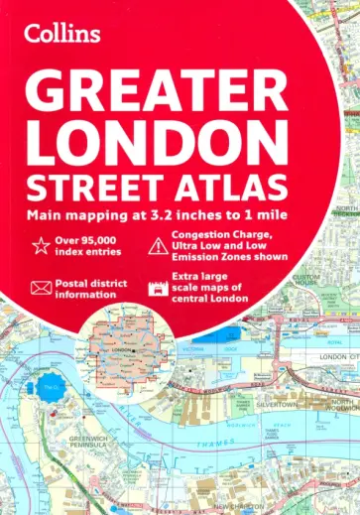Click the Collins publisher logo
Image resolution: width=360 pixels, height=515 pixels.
(x=62, y=35)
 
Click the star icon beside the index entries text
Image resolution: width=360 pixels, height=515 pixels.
(x=42, y=245)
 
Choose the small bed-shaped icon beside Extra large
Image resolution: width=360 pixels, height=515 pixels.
(x=155, y=288)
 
